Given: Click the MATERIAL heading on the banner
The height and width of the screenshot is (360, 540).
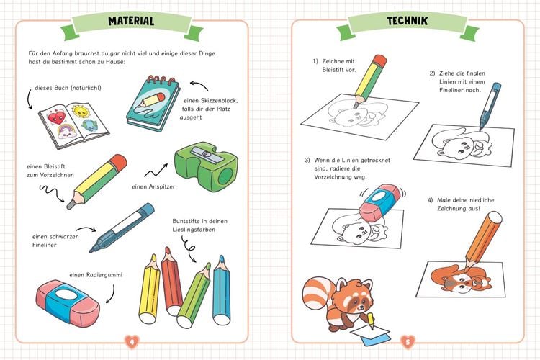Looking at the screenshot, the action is tap(131, 21).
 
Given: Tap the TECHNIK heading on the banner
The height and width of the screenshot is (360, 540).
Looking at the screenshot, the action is tap(407, 21).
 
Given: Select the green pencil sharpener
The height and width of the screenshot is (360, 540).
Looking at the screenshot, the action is tap(206, 166).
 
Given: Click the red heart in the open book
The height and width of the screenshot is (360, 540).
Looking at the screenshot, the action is tap(56, 117).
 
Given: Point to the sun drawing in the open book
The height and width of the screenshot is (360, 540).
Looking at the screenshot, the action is tap(81, 111).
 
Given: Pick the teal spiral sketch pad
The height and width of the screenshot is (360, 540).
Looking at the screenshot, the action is tap(153, 103).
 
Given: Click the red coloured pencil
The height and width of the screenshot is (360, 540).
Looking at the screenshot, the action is tap(171, 281).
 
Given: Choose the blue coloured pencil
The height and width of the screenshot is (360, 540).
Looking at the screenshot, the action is tap(221, 290).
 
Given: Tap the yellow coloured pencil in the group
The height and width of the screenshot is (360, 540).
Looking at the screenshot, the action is tap(150, 289).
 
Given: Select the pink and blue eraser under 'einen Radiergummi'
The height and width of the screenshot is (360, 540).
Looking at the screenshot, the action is tap(68, 303).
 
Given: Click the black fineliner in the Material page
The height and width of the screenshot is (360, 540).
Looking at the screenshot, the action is tap(122, 228).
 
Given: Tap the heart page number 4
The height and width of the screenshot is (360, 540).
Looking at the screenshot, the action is tap(132, 342).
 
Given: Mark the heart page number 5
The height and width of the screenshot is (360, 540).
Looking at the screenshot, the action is tap(408, 342).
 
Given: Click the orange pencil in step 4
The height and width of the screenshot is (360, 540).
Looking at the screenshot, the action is tap(483, 240).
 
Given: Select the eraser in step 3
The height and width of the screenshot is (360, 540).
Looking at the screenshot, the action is tap(380, 202).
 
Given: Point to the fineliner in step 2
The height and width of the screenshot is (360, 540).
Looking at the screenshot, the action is tap(490, 106).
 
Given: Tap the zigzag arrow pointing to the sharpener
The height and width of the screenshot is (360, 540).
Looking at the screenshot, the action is tap(156, 170).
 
